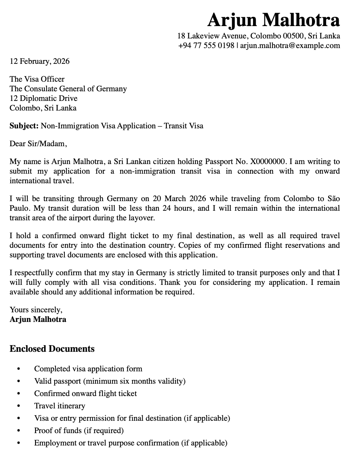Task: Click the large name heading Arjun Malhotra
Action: pyautogui.click(x=273, y=20)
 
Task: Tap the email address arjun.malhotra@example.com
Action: pyautogui.click(x=290, y=45)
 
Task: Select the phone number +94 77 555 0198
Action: pyautogui.click(x=206, y=45)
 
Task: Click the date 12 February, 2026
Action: pyautogui.click(x=39, y=61)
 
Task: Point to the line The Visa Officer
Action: pyautogui.click(x=37, y=79)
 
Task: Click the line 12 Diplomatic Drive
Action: pyautogui.click(x=44, y=98)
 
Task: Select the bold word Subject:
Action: pyautogui.click(x=24, y=126)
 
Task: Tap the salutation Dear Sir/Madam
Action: pyautogui.click(x=38, y=143)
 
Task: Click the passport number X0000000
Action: pyautogui.click(x=267, y=161)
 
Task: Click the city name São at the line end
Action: pyautogui.click(x=333, y=198)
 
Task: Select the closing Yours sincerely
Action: pyautogui.click(x=36, y=310)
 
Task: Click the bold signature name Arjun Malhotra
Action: pyautogui.click(x=38, y=319)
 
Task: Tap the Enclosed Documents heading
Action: pyautogui.click(x=52, y=349)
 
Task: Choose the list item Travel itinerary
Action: pyautogui.click(x=60, y=406)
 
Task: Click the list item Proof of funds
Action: pyautogui.click(x=79, y=430)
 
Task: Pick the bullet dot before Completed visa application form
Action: pyautogui.click(x=19, y=369)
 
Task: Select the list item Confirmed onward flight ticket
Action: pyautogui.click(x=85, y=393)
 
